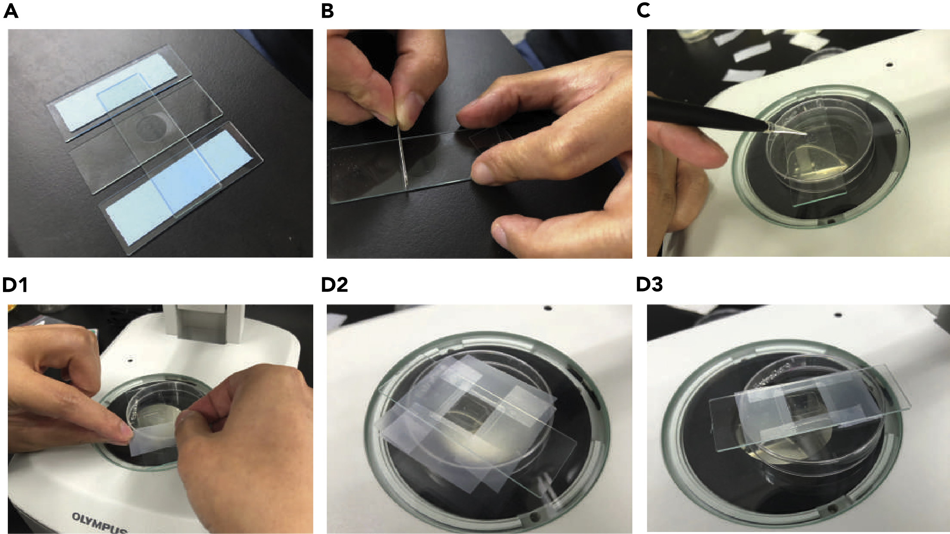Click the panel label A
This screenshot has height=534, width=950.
(x=11, y=12)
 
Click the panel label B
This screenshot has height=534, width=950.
(x=327, y=12)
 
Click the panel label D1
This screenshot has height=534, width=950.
(x=15, y=285)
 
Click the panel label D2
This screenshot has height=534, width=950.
(x=334, y=285)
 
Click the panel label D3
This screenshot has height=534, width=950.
(x=649, y=285)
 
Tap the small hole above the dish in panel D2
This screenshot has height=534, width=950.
(x=547, y=308)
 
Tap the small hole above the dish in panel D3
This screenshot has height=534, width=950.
(x=838, y=315)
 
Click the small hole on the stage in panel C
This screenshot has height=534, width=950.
(x=890, y=65)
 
